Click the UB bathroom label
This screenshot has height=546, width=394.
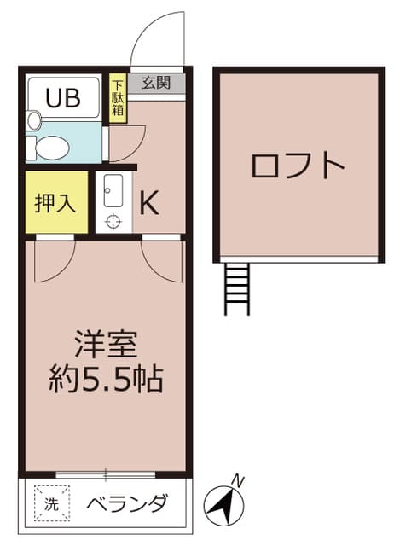click(x=64, y=96)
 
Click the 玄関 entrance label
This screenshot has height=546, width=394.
click(x=155, y=84)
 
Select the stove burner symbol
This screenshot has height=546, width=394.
click(x=113, y=222)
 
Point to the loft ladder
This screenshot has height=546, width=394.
click(x=236, y=288)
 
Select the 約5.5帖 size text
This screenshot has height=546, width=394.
click(x=106, y=378)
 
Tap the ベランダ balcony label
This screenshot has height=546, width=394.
click(x=125, y=503)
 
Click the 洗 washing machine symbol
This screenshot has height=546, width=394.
click(x=49, y=503)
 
